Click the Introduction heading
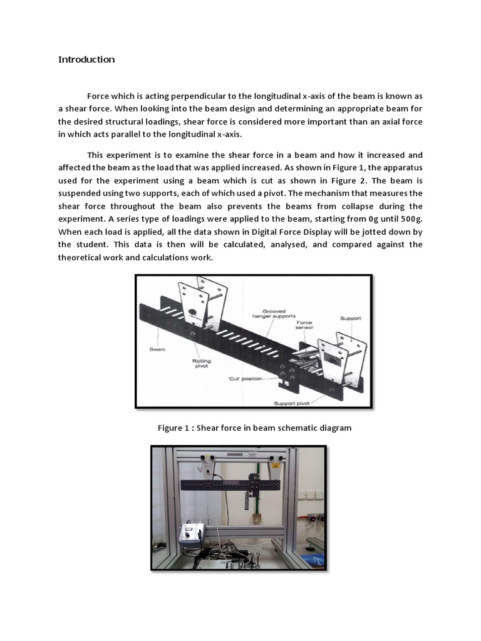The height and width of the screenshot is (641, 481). pyautogui.click(x=86, y=59)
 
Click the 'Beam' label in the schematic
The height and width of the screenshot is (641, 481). pyautogui.click(x=157, y=349)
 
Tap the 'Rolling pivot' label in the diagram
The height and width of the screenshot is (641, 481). pyautogui.click(x=202, y=364)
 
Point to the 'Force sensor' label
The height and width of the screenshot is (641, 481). pyautogui.click(x=305, y=326)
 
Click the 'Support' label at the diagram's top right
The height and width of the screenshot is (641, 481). pyautogui.click(x=350, y=318)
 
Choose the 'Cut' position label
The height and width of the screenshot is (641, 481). pyautogui.click(x=245, y=379)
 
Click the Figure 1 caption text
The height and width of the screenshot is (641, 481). pyautogui.click(x=254, y=428)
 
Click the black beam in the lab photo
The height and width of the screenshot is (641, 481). pyautogui.click(x=238, y=485)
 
